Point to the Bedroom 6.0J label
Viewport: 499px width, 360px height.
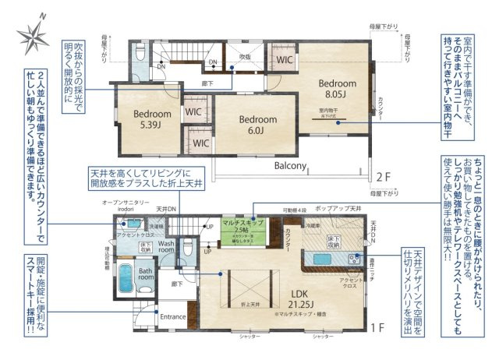pos(258,125)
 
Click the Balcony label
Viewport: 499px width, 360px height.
pos(289,166)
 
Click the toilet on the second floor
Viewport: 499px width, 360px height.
pos(140,51)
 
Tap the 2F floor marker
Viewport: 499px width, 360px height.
pos(384,176)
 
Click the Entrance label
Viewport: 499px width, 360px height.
pos(173,317)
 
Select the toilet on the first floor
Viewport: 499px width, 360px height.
pos(187,249)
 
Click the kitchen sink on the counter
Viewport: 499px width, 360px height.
pos(320,259)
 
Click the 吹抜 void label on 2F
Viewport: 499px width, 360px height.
pos(245,57)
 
